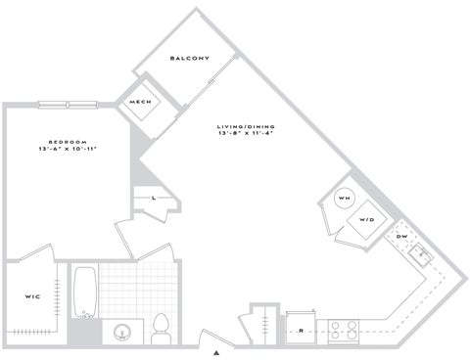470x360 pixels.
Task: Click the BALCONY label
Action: (189, 59)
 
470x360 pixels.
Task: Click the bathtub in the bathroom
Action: (84, 291)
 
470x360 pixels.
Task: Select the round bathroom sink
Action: (123, 332)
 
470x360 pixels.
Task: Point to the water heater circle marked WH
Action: (344, 200)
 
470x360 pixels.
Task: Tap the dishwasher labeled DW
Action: (401, 238)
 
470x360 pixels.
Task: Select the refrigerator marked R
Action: (301, 329)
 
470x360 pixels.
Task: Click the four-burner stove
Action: (343, 331)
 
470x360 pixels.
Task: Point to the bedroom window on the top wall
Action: (68, 104)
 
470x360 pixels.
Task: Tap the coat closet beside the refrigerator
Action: (263, 324)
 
